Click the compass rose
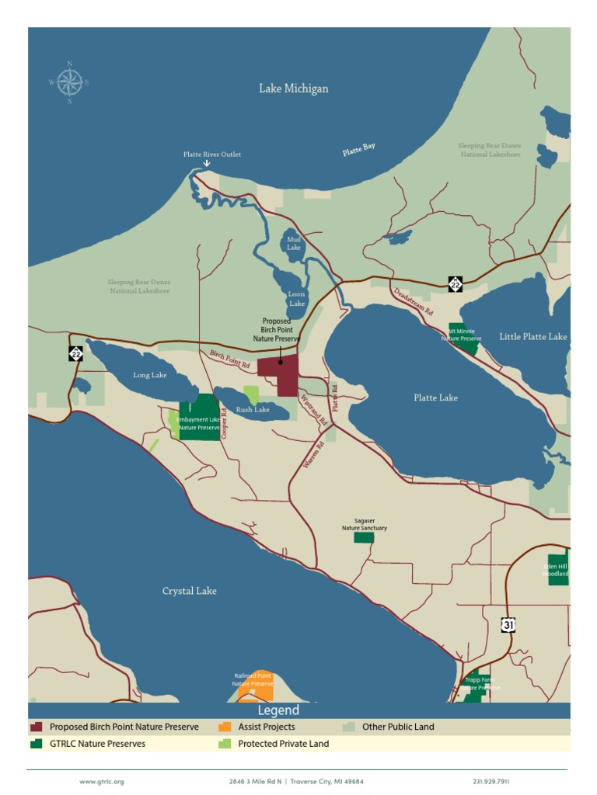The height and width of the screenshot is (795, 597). click(x=69, y=82)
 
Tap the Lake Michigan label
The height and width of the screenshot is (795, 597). click(x=293, y=89)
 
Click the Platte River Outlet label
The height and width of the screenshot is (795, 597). click(x=212, y=154)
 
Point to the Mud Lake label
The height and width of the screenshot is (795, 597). click(x=293, y=244)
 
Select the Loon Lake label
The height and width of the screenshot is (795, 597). click(x=296, y=299)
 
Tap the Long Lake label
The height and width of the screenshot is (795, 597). click(x=150, y=376)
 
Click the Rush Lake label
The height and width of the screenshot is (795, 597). click(x=253, y=409)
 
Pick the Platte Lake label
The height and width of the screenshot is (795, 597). click(x=435, y=397)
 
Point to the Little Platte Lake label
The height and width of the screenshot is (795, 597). click(x=532, y=337)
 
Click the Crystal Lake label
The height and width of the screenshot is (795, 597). click(x=189, y=591)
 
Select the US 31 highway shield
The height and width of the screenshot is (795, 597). click(x=508, y=625)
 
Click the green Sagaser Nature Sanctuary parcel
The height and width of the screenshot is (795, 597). click(x=363, y=537)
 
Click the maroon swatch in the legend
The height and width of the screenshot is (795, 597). click(x=37, y=727)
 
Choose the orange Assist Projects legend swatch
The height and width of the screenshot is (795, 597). click(x=225, y=727)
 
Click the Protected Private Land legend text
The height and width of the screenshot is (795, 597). click(x=283, y=744)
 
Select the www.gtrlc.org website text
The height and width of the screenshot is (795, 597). click(x=102, y=782)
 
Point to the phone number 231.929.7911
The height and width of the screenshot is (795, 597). click(x=491, y=782)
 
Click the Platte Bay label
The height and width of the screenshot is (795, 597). click(x=359, y=150)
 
